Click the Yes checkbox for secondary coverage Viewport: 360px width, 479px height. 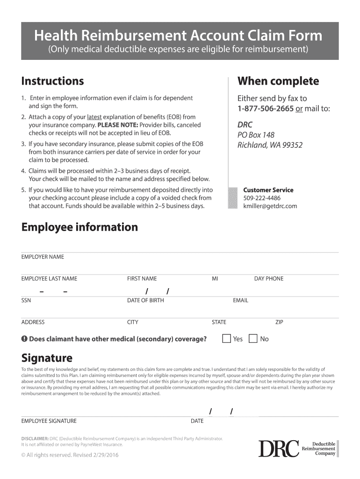tap(226, 339)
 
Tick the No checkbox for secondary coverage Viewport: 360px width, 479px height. tap(253, 339)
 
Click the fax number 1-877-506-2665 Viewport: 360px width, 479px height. tap(266, 109)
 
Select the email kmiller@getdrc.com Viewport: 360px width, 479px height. tap(270, 206)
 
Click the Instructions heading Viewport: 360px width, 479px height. tap(53, 81)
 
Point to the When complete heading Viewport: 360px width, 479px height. tap(278, 81)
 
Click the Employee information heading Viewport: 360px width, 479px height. tap(79, 227)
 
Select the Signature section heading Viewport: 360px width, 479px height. tap(47, 358)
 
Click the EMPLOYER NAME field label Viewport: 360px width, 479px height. tap(43, 257)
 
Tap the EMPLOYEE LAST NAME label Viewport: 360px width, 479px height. tap(49, 279)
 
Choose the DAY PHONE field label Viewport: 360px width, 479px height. tap(268, 279)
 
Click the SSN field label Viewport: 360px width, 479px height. tap(26, 300)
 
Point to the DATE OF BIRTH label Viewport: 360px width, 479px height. tap(145, 300)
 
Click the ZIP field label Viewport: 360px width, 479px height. tap(279, 322)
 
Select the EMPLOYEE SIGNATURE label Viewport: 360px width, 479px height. tap(49, 421)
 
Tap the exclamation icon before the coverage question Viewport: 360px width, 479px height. tap(24, 339)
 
